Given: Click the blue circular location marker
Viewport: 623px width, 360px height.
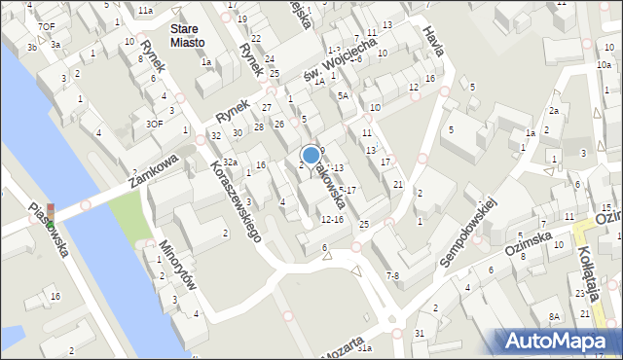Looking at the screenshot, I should pyautogui.click(x=311, y=155).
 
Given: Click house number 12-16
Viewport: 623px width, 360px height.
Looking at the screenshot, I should pyautogui.click(x=332, y=219).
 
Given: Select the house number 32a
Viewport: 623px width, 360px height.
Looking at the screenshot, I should pyautogui.click(x=230, y=162).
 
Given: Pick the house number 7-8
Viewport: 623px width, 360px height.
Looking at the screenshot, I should pyautogui.click(x=391, y=276).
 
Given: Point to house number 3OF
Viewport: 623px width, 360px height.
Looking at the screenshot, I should pyautogui.click(x=154, y=124).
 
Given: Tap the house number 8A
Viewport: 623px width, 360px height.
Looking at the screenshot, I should pyautogui.click(x=554, y=316).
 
